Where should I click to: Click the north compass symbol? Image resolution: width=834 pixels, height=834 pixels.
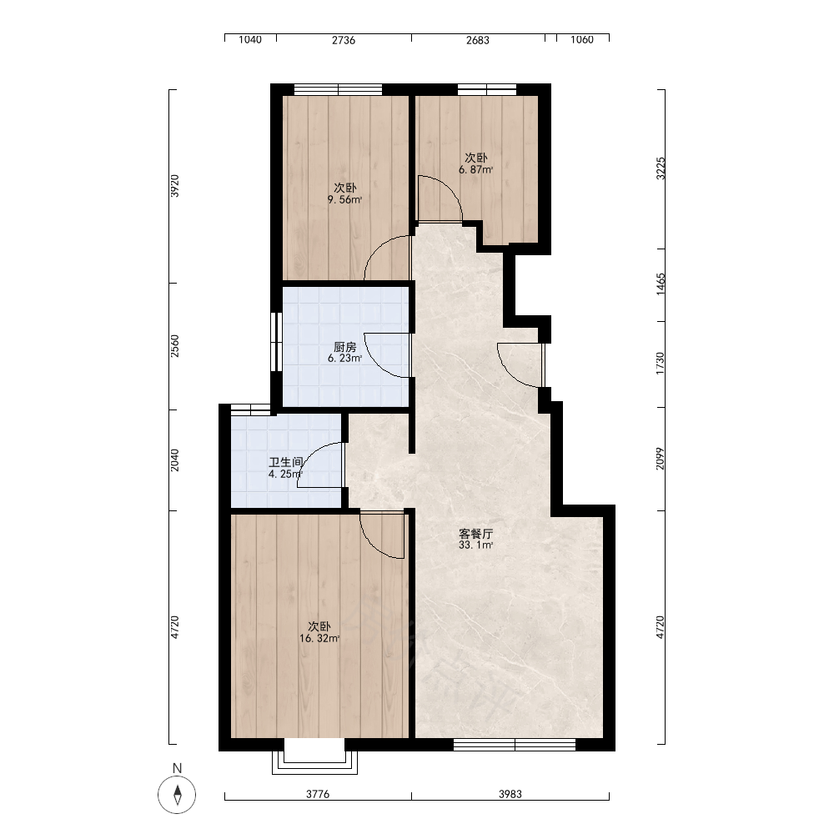pos(177,795)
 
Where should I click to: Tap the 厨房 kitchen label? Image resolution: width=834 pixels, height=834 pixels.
pos(344,347)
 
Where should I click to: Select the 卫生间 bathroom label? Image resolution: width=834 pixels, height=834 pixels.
pos(285,462)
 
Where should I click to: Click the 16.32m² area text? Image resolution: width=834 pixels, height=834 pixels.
pos(319,638)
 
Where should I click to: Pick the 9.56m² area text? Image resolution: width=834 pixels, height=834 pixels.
pos(344,200)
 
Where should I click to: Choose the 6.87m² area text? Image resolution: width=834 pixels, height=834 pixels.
pos(476,169)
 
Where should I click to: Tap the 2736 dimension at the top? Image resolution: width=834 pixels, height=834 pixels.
pos(344,40)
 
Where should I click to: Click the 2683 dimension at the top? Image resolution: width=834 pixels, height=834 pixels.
pos(478,40)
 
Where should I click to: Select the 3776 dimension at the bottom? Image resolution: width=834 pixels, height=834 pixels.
pos(318,794)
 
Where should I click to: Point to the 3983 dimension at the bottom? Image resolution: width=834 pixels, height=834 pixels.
pos(510,794)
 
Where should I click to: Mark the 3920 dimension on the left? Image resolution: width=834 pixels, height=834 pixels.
pos(174,186)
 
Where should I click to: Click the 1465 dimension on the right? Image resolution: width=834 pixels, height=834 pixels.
pos(660,284)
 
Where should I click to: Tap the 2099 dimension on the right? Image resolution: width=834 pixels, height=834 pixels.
pos(660,459)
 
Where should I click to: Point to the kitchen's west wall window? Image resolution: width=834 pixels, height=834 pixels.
pos(276,341)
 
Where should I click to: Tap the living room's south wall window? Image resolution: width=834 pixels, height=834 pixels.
pos(515,745)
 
